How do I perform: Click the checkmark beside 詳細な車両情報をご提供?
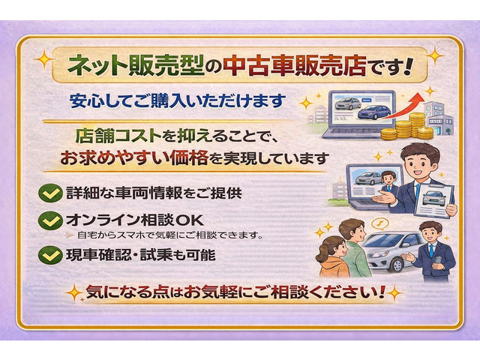pyautogui.click(x=51, y=193)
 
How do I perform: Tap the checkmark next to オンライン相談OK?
pyautogui.click(x=51, y=220)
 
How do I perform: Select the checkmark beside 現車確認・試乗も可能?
pyautogui.click(x=51, y=255)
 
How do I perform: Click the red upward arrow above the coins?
pyautogui.click(x=404, y=106)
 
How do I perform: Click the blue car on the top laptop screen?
pyautogui.click(x=374, y=112)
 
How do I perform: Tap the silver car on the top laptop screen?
pyautogui.click(x=348, y=103)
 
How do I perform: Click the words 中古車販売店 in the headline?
pyautogui.click(x=295, y=66)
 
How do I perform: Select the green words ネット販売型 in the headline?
pyautogui.click(x=136, y=66)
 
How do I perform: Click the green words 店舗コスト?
pyautogui.click(x=118, y=136)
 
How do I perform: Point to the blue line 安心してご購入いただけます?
pyautogui.click(x=178, y=101)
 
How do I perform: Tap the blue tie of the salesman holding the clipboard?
pyautogui.click(x=418, y=192)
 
